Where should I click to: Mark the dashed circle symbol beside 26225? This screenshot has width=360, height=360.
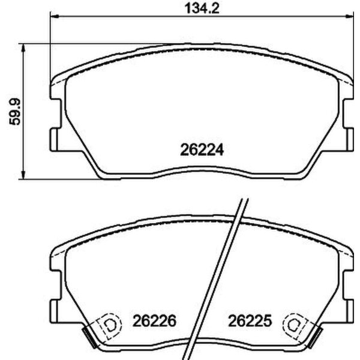tap(293, 325)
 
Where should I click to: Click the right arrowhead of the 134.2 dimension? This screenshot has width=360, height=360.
tap(349, 19)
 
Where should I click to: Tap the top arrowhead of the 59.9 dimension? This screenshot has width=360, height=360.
tap(23, 47)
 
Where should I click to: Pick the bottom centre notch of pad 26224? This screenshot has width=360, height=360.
tap(201, 174)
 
